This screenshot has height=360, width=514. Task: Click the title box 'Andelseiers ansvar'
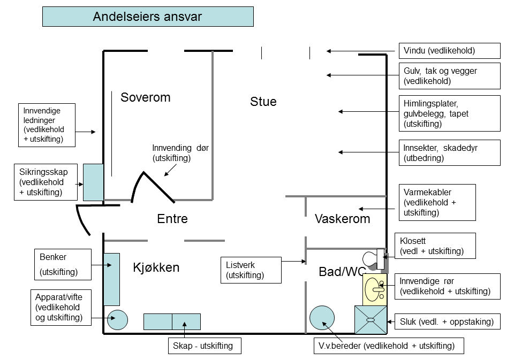[148, 17]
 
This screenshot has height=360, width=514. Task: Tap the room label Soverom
[145, 97]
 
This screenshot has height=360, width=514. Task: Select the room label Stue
[263, 102]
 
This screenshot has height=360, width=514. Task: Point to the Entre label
[172, 219]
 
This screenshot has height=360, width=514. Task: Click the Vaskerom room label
[343, 219]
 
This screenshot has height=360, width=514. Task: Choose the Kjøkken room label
[156, 267]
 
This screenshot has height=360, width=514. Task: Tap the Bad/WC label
[341, 272]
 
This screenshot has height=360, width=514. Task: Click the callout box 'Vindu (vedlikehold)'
[449, 51]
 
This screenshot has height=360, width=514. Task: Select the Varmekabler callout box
[437, 202]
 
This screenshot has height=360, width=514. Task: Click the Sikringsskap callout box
[45, 182]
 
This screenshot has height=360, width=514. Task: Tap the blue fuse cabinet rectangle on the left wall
[93, 182]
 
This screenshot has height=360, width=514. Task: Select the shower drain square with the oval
[371, 320]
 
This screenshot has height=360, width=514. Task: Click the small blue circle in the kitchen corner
[117, 320]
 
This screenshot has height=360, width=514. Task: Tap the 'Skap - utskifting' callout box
[204, 346]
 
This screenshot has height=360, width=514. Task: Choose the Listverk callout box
[251, 270]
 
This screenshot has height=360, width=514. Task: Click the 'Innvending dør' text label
[180, 153]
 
